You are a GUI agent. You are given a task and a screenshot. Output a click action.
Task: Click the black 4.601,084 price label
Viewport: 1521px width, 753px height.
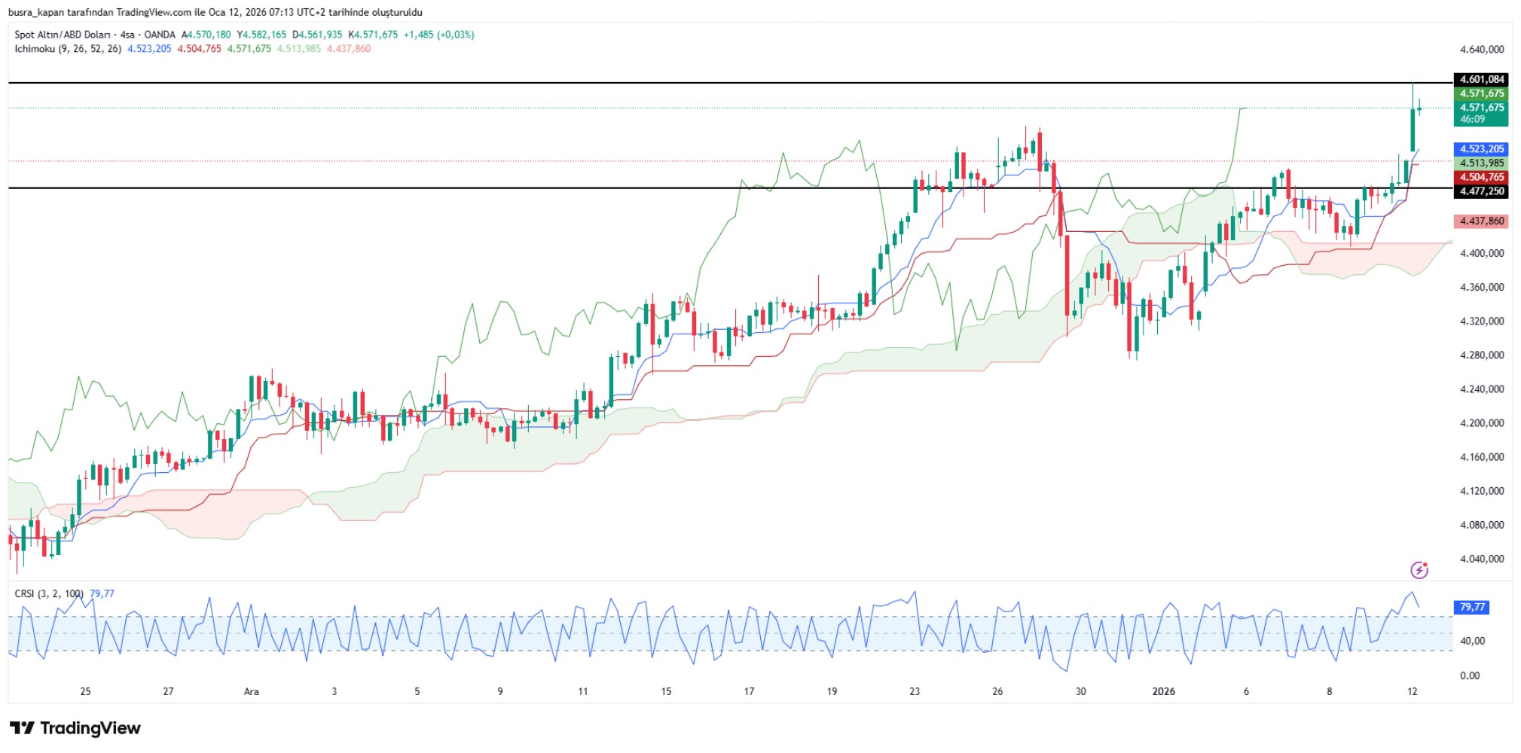click(1481, 79)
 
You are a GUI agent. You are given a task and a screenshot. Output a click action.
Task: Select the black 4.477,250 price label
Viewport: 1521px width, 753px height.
click(1481, 191)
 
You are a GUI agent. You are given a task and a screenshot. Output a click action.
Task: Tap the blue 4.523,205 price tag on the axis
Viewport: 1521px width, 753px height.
click(1481, 149)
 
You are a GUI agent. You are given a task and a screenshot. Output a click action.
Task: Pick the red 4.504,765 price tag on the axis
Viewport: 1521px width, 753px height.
click(1481, 177)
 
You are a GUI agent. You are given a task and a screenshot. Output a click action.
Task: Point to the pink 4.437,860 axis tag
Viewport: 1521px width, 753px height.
click(1481, 221)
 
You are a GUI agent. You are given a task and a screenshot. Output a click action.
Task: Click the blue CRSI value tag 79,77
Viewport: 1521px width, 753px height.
click(1472, 607)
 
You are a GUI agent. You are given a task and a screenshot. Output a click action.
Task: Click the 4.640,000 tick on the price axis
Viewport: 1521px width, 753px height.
click(1481, 50)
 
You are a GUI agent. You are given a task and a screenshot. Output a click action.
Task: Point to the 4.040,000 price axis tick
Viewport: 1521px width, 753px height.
click(1481, 559)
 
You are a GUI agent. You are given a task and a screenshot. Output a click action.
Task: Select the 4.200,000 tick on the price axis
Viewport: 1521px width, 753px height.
click(1481, 423)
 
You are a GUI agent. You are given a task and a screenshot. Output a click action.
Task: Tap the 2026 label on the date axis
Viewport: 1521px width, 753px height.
click(1163, 691)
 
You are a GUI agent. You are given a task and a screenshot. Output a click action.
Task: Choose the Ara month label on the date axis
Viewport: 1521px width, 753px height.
click(251, 691)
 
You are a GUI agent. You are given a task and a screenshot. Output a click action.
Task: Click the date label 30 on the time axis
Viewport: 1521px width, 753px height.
click(1080, 691)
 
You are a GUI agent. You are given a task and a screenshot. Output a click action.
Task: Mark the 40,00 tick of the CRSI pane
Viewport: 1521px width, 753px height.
click(1472, 641)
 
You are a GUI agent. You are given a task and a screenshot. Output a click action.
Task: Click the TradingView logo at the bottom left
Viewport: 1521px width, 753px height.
click(75, 728)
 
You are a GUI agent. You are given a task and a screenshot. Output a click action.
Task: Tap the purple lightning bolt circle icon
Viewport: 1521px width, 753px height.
click(1419, 570)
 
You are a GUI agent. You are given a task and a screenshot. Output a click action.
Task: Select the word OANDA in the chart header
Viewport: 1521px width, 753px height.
click(160, 35)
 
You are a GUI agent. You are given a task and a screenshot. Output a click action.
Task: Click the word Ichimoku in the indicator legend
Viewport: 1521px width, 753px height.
click(35, 49)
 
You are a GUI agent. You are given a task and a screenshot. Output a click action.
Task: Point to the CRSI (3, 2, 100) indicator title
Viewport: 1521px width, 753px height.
click(49, 594)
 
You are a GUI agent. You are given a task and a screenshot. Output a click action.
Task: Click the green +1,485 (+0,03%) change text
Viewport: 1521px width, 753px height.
click(438, 35)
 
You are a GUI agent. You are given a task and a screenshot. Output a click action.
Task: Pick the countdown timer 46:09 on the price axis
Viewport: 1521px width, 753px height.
click(1472, 119)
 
